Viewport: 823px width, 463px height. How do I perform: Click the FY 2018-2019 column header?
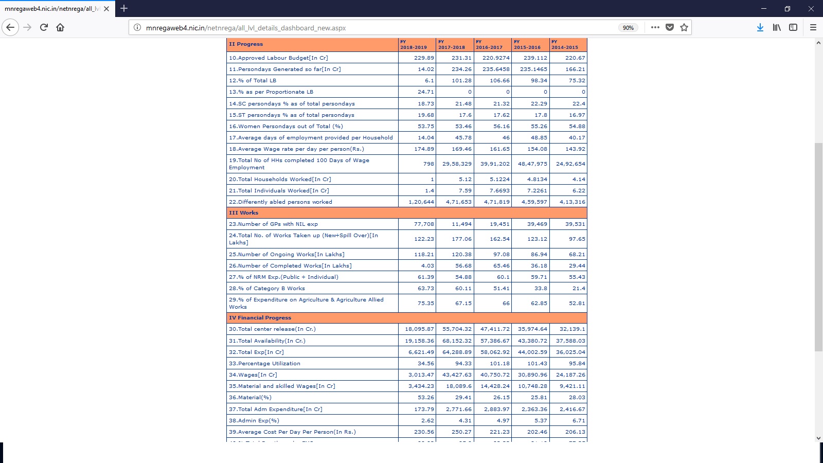417,44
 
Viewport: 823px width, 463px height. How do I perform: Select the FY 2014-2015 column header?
568,44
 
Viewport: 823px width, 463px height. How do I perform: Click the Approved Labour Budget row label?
278,58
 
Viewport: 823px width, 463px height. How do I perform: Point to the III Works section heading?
244,212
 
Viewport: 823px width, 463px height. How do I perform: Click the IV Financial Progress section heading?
260,317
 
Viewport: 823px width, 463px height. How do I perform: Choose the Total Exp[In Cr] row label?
256,352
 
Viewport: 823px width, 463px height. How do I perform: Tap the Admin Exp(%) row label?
254,420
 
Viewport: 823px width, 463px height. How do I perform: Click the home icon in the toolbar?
60,27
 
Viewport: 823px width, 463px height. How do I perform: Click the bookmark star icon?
684,27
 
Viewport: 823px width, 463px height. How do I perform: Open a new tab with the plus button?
124,8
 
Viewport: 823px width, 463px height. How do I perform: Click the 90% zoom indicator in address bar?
628,28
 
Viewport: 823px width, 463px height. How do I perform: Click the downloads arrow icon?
760,27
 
